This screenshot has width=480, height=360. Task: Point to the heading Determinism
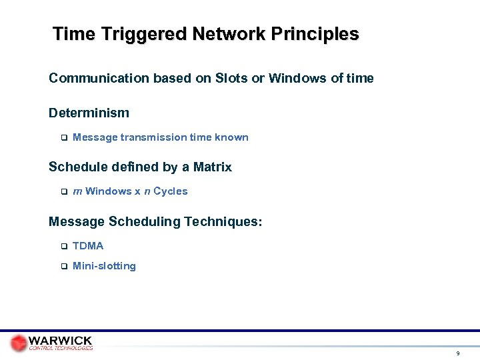pyautogui.click(x=89, y=113)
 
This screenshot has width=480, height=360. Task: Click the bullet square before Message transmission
pyautogui.click(x=64, y=138)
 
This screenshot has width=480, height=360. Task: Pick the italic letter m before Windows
pyautogui.click(x=77, y=191)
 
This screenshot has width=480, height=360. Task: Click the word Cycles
pyautogui.click(x=171, y=191)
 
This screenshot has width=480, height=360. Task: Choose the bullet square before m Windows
pyautogui.click(x=64, y=192)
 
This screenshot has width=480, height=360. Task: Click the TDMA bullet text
pyautogui.click(x=88, y=246)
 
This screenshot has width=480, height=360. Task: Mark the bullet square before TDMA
pyautogui.click(x=64, y=247)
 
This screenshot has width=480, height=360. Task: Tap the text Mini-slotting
pyautogui.click(x=104, y=266)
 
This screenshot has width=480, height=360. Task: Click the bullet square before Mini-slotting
pyautogui.click(x=64, y=267)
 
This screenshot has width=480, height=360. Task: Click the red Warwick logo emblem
pyautogui.click(x=19, y=343)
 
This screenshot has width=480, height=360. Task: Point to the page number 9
pyautogui.click(x=457, y=353)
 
